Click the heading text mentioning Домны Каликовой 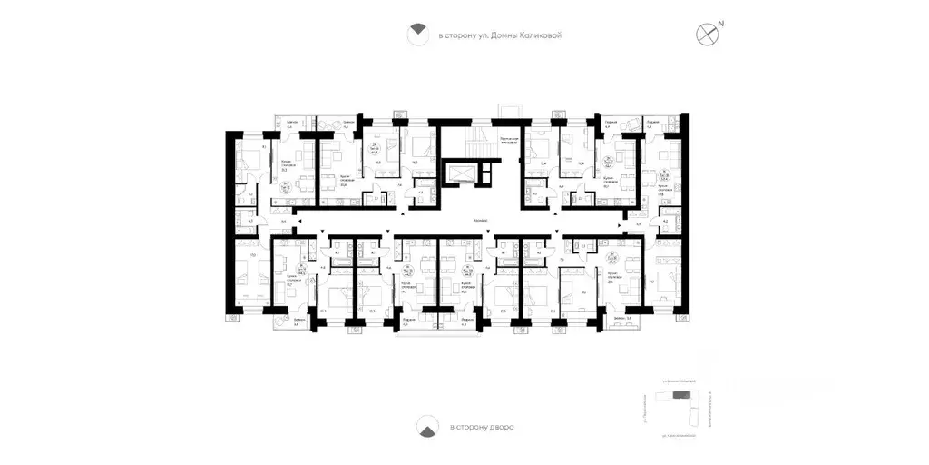(500, 35)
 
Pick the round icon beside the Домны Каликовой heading (416, 35)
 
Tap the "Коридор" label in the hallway (482, 221)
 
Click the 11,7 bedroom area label (651, 282)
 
